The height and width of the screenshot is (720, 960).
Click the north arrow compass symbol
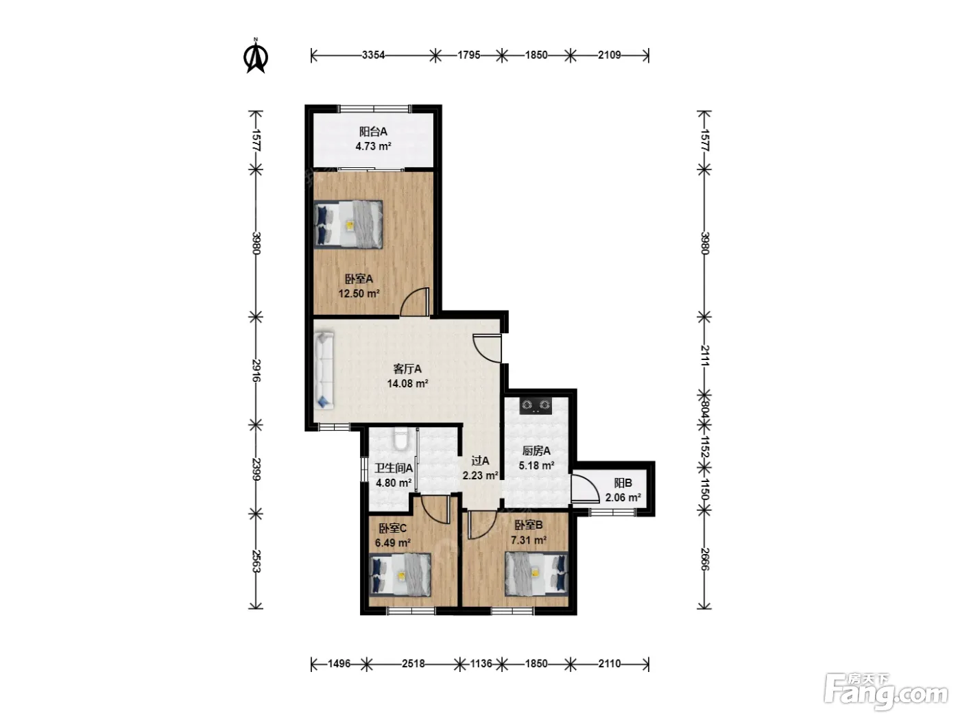[255, 56]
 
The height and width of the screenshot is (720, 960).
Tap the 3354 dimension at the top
[373, 55]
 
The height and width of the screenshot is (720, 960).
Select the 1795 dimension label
[468, 55]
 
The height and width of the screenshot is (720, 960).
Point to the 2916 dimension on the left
[256, 370]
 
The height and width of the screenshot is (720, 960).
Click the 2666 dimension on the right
[704, 559]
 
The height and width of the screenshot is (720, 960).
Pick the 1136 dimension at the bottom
[481, 664]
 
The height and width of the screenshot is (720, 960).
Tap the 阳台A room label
[373, 131]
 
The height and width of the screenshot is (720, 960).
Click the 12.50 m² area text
[359, 293]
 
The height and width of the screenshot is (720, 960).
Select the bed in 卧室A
[348, 225]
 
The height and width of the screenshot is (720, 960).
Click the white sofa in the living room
[324, 370]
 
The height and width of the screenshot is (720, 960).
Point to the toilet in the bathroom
[400, 438]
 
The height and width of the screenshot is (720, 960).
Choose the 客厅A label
[407, 369]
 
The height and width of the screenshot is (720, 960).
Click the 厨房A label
[536, 451]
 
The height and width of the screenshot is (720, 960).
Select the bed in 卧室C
[400, 575]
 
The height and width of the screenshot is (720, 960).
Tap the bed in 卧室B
[536, 574]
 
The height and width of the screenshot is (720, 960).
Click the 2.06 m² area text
[623, 498]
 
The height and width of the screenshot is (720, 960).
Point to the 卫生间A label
[394, 468]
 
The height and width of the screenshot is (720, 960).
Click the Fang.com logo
[885, 692]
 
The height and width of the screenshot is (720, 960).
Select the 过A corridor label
[480, 461]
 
